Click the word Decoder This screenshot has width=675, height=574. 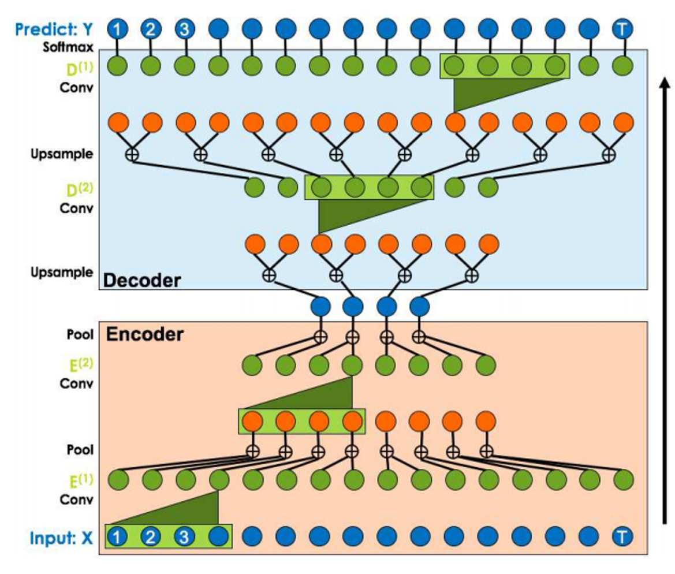point(142,281)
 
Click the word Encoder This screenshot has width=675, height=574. point(144,334)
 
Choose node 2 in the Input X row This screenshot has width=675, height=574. point(151,536)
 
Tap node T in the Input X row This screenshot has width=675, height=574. point(622,536)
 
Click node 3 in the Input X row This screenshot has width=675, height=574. point(184,536)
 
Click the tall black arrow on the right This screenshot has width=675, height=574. point(665,300)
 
